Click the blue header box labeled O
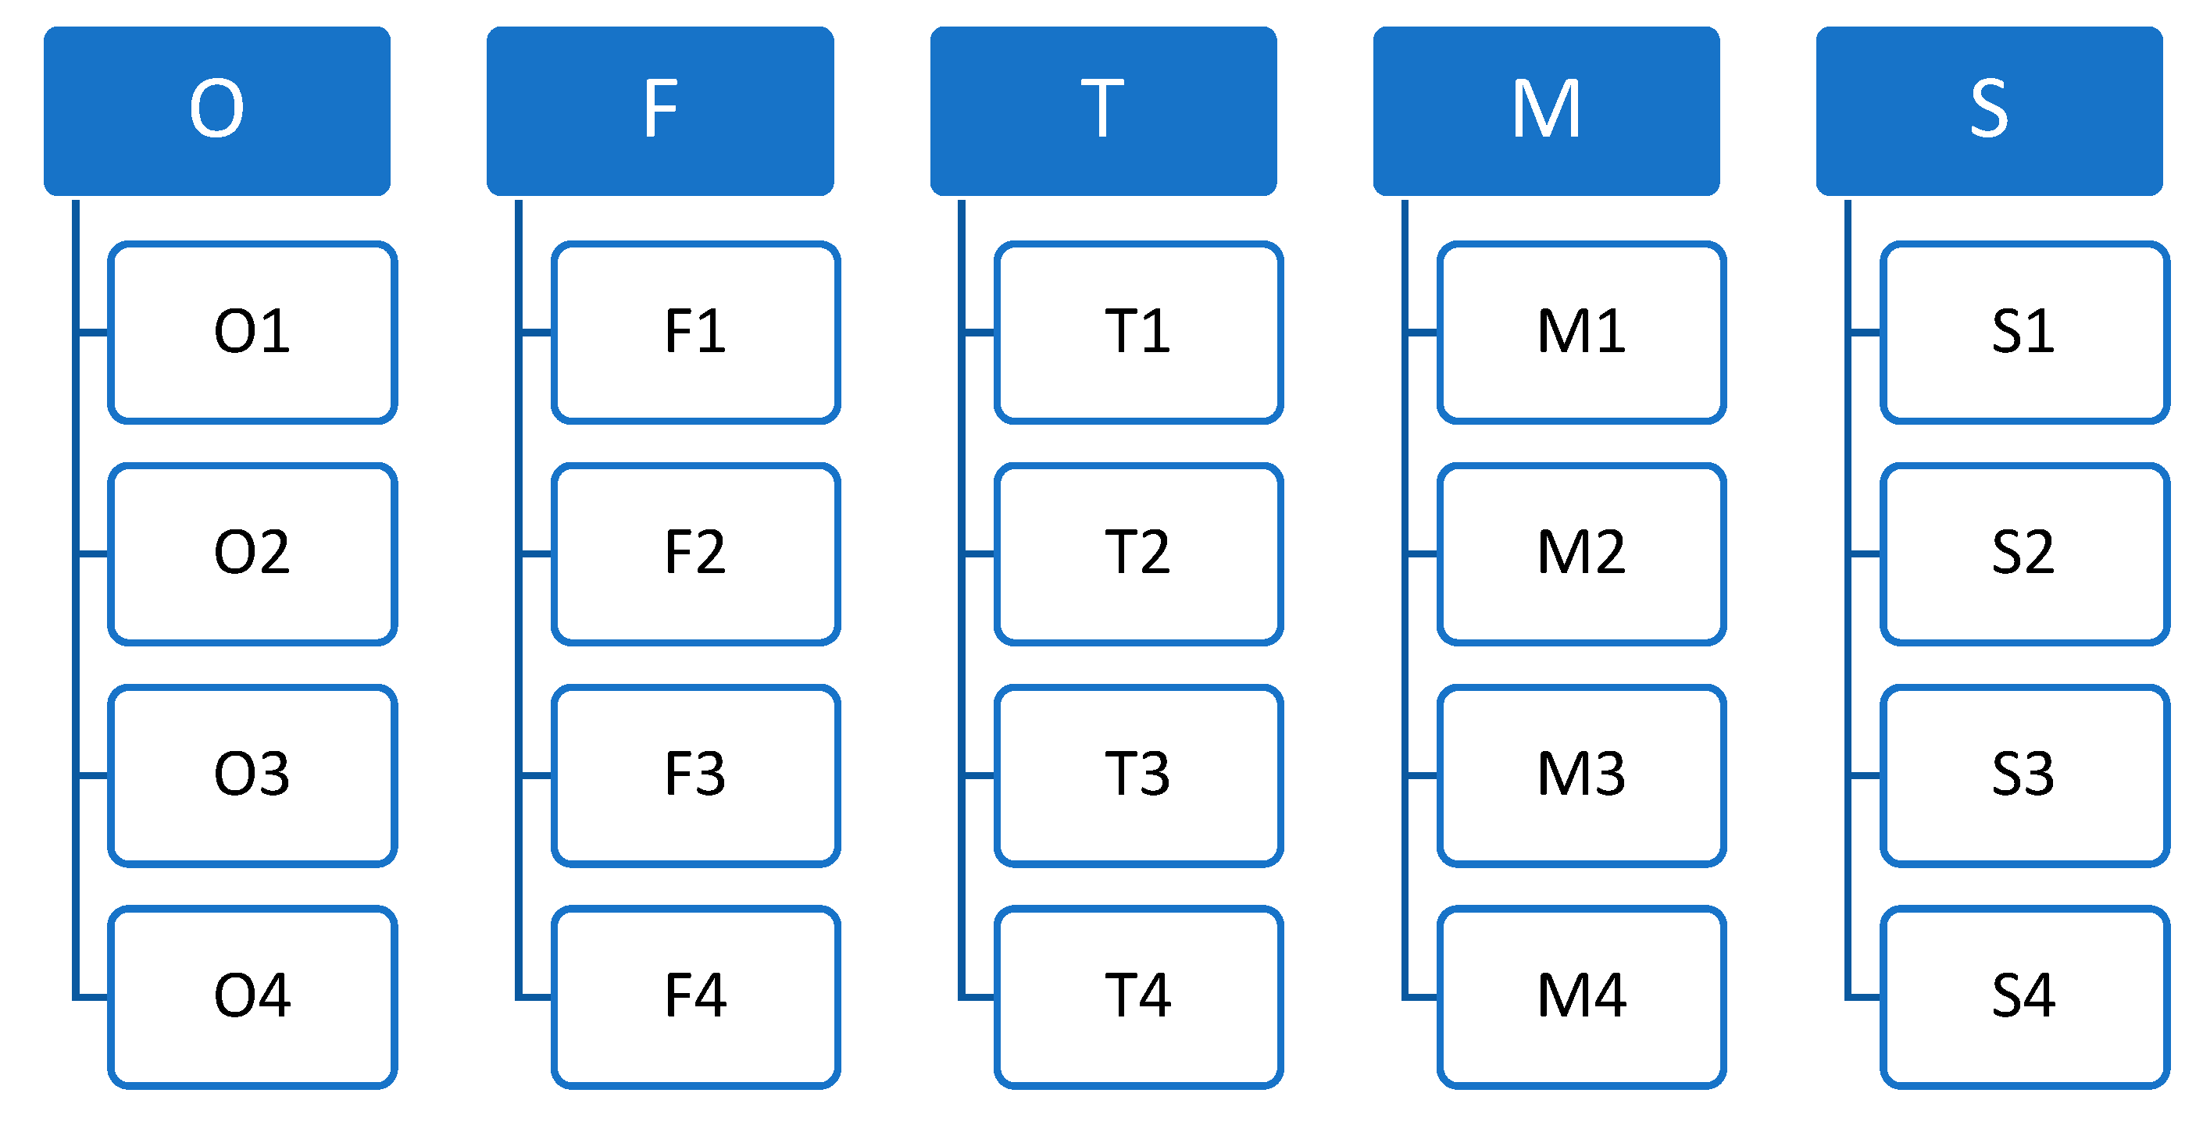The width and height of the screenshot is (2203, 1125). tap(217, 111)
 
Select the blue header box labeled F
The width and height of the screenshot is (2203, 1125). tap(660, 111)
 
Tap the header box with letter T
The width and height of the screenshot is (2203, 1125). tap(1103, 111)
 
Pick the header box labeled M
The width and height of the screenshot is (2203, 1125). tap(1546, 111)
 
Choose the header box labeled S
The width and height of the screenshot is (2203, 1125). tap(1989, 111)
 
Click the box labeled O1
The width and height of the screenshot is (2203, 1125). tap(252, 333)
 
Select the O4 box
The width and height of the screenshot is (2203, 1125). tap(252, 997)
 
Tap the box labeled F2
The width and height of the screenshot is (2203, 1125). tap(695, 554)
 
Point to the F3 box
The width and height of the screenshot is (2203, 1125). tap(695, 775)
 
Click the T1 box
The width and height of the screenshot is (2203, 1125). tap(1138, 333)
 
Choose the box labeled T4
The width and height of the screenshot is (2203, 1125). tap(1138, 997)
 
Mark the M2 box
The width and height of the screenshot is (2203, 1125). tap(1581, 554)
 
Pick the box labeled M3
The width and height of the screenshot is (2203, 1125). tap(1581, 775)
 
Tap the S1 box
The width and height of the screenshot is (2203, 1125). tap(2024, 333)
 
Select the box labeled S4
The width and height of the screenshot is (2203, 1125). tap(2024, 997)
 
